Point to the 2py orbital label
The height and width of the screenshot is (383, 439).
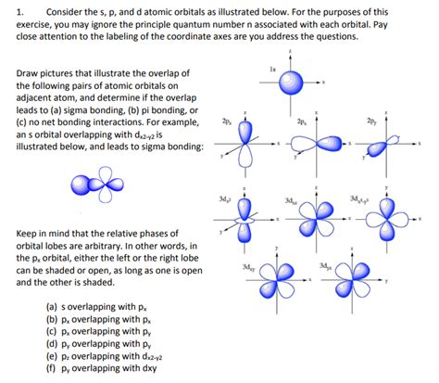click(x=371, y=121)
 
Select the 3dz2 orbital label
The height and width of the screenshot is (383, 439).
click(x=225, y=199)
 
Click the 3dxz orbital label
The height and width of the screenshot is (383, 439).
click(x=291, y=199)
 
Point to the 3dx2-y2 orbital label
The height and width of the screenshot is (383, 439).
click(x=360, y=198)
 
